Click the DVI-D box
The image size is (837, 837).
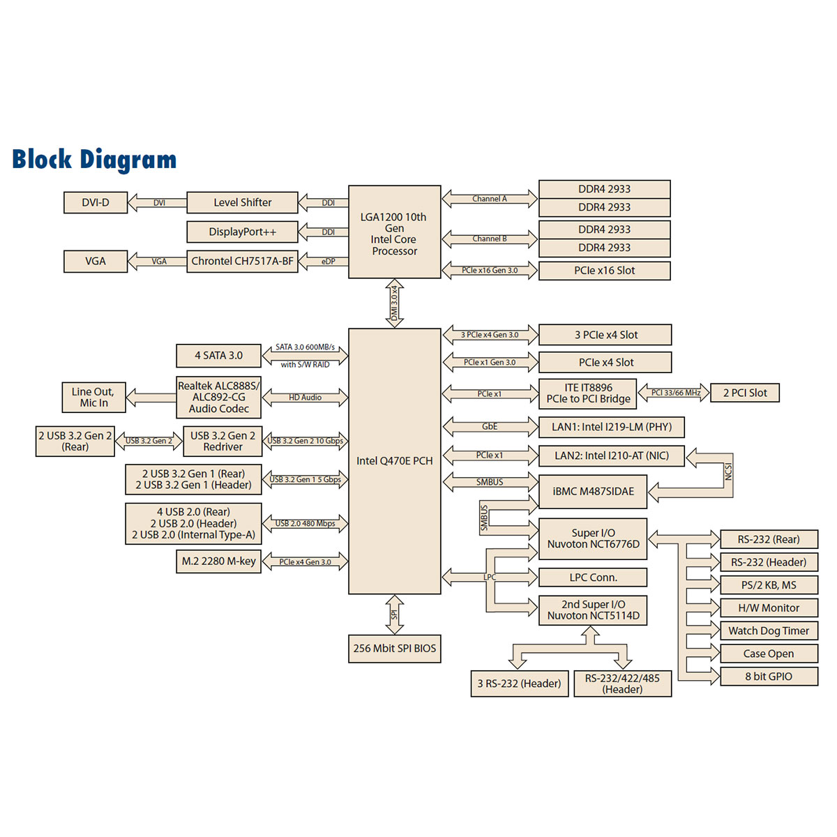96,202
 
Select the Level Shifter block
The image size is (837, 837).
242,202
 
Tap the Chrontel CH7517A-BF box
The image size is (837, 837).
242,261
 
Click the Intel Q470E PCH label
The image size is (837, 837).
394,461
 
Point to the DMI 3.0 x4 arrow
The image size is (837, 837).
394,303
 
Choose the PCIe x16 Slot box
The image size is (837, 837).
604,271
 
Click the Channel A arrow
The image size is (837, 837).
490,199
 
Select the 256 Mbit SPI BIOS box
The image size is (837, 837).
394,648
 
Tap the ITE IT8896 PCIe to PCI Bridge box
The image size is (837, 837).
588,393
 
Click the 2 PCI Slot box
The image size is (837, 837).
744,393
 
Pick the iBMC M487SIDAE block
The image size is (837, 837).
593,491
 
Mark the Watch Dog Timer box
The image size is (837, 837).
769,631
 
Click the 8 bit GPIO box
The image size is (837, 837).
769,676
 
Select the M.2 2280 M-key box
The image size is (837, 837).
218,561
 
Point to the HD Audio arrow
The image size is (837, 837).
305,398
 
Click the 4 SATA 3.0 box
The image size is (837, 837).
218,356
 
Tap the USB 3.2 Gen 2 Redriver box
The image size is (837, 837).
223,441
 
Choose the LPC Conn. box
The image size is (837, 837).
593,578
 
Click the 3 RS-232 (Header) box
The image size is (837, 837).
519,684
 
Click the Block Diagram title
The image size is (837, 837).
94,160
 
